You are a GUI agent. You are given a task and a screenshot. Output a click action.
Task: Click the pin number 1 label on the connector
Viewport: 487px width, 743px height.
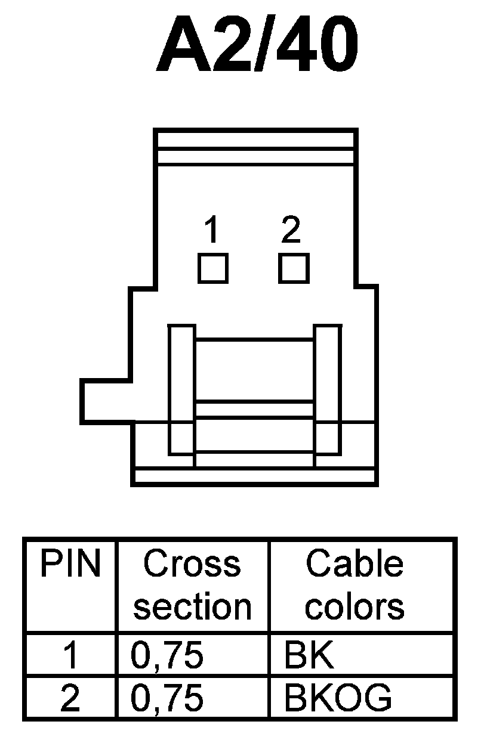[x=211, y=230]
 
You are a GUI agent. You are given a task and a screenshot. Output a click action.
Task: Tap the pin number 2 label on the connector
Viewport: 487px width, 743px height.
[x=291, y=230]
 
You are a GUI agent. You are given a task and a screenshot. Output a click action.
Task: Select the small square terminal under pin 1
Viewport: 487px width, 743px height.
[x=212, y=268]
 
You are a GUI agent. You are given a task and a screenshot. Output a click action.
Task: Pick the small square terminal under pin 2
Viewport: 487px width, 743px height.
[x=294, y=268]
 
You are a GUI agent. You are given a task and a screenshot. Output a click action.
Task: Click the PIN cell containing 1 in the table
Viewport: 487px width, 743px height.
[x=70, y=655]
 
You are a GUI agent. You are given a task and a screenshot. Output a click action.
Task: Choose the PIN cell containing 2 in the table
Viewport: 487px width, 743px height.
[x=70, y=698]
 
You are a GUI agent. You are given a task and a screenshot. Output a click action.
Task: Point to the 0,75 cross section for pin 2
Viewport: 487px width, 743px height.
[x=167, y=698]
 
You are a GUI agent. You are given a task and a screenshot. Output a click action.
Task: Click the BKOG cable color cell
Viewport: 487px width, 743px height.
[x=338, y=698]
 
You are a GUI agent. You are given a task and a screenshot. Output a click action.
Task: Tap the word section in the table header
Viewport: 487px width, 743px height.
[x=192, y=606]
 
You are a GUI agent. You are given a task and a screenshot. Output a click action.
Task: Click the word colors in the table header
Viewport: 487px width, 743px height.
[x=355, y=606]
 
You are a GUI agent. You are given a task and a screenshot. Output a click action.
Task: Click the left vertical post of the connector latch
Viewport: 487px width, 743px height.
[x=181, y=390]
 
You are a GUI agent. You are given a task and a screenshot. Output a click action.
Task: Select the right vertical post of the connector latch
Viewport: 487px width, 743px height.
[x=327, y=390]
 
